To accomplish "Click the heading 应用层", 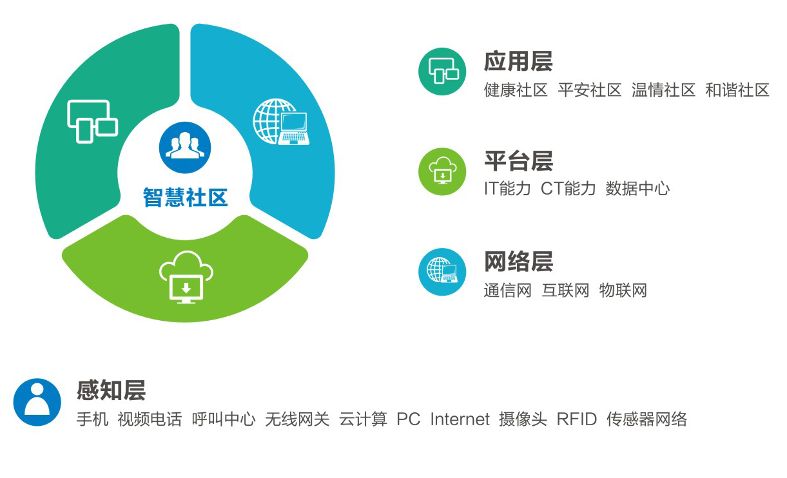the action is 518,61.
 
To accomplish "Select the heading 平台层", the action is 519,161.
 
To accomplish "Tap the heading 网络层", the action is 519,262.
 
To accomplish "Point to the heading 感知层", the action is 111,390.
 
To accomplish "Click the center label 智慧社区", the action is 185,197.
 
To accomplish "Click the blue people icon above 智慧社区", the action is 185,148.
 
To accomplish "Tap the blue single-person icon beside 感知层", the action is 37,402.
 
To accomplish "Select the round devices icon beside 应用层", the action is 442,72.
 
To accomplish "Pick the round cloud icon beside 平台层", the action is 442,171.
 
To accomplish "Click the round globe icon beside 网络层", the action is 442,272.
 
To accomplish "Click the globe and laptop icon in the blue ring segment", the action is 281,122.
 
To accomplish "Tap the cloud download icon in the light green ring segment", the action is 186,277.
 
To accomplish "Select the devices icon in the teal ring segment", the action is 92,122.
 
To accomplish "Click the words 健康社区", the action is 516,90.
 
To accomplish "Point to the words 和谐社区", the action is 737,90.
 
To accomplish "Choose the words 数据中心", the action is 637,189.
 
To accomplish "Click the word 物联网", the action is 623,291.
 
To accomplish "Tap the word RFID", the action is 576,419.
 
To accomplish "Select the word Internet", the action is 460,419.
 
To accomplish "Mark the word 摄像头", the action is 523,419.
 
